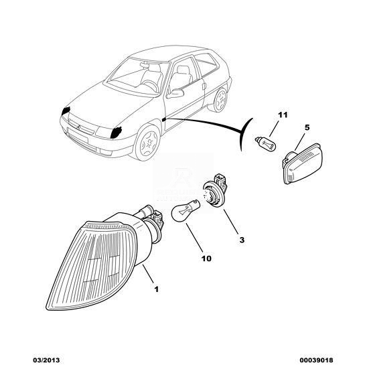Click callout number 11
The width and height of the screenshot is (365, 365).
[x=283, y=115]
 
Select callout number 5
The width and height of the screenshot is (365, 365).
[x=307, y=127]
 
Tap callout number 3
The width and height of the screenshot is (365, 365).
[x=242, y=240]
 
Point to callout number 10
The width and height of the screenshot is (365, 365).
[x=206, y=259]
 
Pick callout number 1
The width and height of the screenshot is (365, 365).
[x=157, y=289]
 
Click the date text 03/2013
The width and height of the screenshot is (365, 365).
[x=45, y=360]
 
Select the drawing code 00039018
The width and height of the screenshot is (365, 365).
[x=316, y=360]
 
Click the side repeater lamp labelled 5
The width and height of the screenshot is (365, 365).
[x=303, y=163]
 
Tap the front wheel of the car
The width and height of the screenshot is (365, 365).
[x=148, y=142]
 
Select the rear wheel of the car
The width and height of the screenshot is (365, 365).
[x=220, y=100]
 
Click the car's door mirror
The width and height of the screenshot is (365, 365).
[x=175, y=93]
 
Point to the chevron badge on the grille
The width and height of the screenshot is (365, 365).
[x=78, y=127]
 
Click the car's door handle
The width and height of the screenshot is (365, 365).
[x=204, y=86]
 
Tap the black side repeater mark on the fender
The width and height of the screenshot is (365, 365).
[x=164, y=120]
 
